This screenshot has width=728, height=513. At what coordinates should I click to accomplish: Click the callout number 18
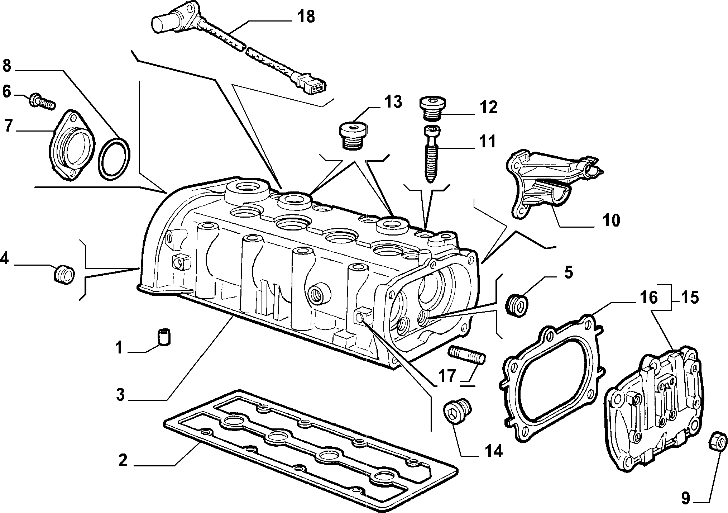click(x=306, y=17)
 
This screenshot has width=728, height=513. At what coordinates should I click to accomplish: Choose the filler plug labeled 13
click(x=353, y=137)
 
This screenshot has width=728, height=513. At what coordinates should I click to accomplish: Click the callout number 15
click(x=690, y=298)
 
